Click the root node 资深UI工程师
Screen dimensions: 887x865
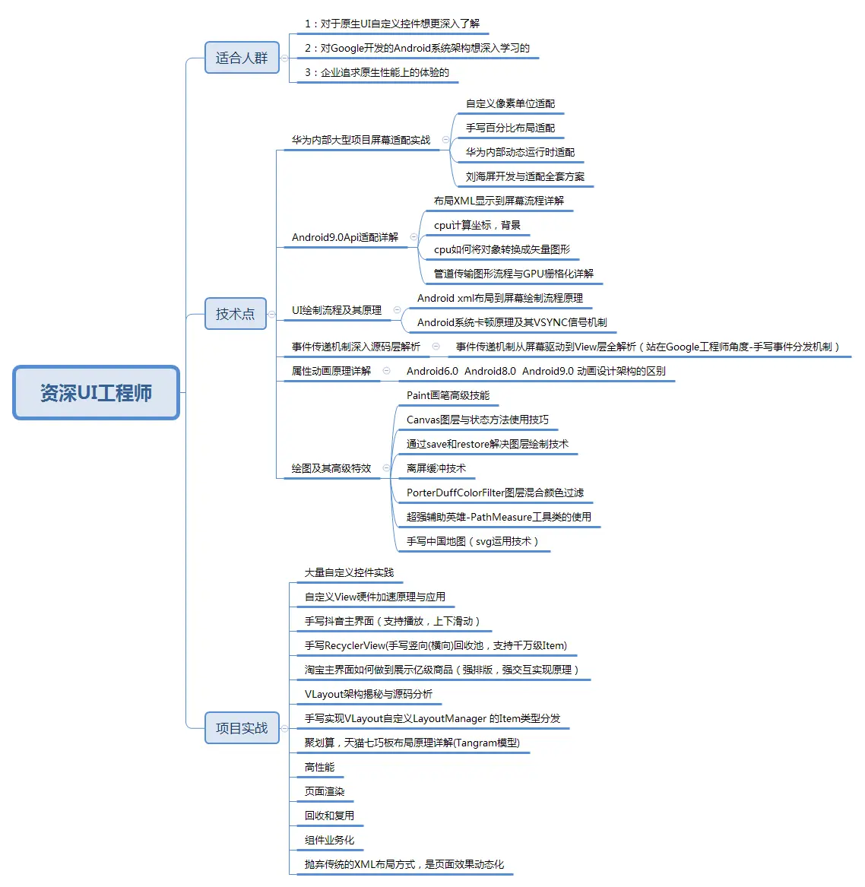[96, 393]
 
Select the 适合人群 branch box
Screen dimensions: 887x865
[242, 58]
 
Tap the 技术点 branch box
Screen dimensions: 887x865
[235, 314]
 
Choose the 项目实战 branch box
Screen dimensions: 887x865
[242, 728]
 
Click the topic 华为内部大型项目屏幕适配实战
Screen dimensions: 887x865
[361, 140]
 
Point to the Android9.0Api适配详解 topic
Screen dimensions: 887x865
[345, 237]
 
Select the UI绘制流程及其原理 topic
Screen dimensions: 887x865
[337, 310]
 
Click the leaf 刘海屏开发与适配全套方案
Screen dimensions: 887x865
[525, 176]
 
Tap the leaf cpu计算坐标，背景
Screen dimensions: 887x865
[477, 225]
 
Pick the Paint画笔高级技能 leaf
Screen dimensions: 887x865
[448, 395]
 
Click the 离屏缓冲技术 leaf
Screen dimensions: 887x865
[436, 468]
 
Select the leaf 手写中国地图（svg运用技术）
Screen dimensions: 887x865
[472, 541]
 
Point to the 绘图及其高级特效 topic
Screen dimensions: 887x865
[331, 468]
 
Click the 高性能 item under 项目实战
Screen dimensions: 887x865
[319, 767]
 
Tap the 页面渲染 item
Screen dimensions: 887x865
[325, 791]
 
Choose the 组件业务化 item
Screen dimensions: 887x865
[329, 840]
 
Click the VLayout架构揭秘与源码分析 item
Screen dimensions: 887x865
[369, 694]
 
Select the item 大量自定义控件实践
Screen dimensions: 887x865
[349, 572]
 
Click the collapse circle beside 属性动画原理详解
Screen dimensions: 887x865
[387, 371]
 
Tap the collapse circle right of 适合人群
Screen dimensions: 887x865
[284, 58]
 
